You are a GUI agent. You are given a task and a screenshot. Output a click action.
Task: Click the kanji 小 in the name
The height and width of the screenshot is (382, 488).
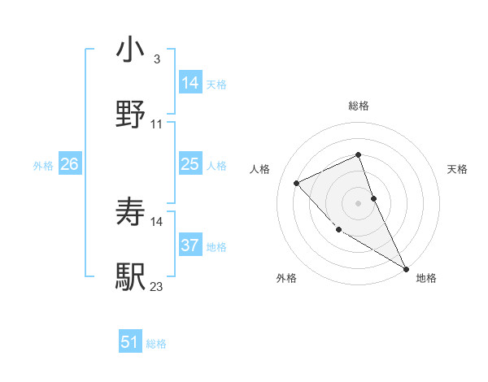[130, 50]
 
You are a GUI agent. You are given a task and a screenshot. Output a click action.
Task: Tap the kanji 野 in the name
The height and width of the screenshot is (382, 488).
[130, 115]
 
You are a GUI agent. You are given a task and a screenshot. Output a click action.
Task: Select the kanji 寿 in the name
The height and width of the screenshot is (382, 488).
[130, 213]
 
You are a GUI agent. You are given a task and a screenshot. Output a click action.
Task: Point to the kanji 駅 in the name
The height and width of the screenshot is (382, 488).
[130, 277]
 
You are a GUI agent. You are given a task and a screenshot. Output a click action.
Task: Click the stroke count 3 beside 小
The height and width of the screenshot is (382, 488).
[156, 59]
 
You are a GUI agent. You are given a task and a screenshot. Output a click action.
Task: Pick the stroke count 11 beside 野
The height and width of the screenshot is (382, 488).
[157, 124]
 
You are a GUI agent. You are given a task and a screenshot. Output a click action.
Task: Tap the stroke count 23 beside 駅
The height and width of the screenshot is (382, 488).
[157, 286]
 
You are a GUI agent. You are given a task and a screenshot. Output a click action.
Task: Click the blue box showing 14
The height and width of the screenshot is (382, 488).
[190, 83]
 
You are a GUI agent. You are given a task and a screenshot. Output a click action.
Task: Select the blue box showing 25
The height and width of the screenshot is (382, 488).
[190, 164]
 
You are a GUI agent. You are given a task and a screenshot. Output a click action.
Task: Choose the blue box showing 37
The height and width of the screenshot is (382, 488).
[190, 245]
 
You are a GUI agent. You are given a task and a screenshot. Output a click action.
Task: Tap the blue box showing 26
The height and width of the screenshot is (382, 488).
[69, 164]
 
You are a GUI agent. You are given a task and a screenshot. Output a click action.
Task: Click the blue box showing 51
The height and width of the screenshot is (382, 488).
[130, 342]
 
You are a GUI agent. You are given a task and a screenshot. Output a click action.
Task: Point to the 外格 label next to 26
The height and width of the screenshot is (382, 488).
[43, 165]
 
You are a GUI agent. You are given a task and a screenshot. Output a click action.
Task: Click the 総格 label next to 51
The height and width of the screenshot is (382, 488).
[156, 344]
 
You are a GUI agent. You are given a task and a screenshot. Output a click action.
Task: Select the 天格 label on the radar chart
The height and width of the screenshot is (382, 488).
[458, 169]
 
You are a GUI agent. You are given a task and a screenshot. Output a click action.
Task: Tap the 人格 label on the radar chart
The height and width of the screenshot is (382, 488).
[260, 169]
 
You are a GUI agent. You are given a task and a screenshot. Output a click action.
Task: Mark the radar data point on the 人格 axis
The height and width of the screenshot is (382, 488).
[297, 183]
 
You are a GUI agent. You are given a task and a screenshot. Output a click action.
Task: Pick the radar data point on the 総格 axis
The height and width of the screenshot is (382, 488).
[358, 154]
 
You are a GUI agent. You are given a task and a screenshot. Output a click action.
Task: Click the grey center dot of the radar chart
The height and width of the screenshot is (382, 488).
[358, 202]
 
